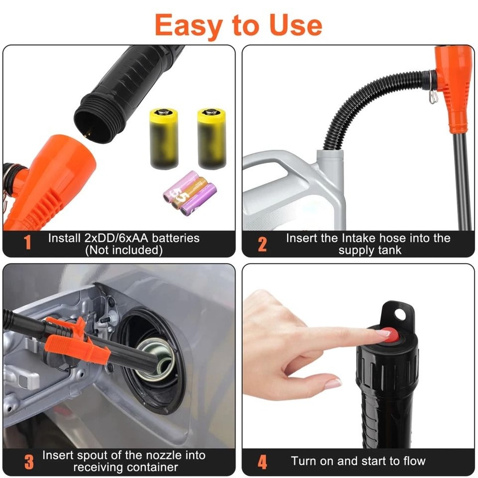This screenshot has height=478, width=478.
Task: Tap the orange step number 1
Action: coord(27,243)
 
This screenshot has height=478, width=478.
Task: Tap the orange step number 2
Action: coord(262,244)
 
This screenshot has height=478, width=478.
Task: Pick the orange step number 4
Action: coord(262,461)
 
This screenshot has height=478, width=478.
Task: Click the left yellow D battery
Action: coord(163,139)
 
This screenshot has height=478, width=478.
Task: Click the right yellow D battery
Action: coord(212,139)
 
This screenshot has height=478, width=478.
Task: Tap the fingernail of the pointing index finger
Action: coord(383,333)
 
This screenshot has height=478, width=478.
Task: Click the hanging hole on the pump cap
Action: coord(400,314)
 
